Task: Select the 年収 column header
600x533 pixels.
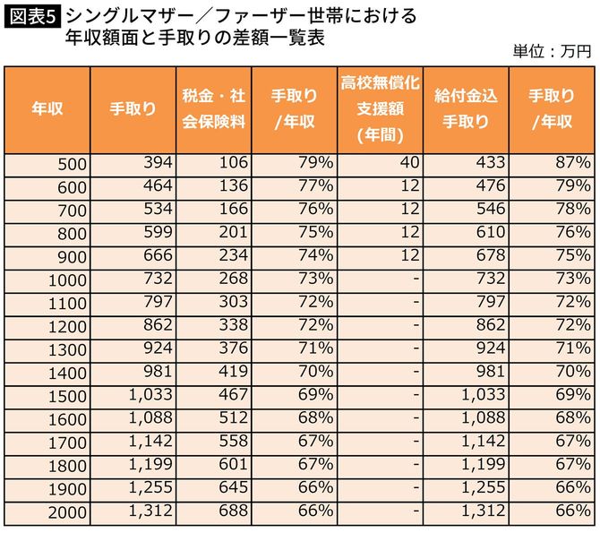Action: (46, 109)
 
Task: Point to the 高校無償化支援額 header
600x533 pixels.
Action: (380, 109)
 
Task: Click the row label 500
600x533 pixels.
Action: (68, 164)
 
